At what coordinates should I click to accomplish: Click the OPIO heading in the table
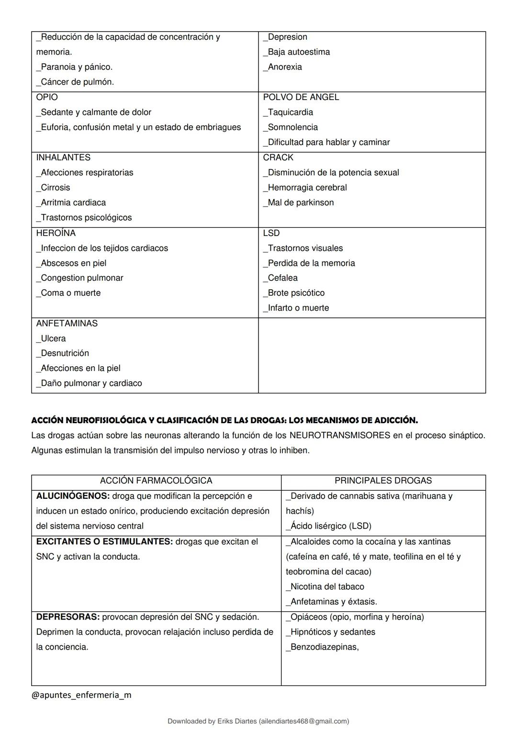[x=47, y=97]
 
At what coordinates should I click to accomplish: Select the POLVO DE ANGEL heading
[x=301, y=97]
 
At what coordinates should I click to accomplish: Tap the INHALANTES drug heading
[x=63, y=157]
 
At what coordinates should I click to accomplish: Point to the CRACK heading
[x=278, y=157]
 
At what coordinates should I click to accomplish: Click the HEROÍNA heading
[x=56, y=233]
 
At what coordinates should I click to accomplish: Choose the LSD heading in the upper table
[x=271, y=233]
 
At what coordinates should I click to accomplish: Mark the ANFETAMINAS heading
[x=67, y=324]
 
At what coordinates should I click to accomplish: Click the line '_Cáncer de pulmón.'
[x=75, y=82]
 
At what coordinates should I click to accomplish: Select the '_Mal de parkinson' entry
[x=298, y=202]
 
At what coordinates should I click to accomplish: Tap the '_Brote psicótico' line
[x=293, y=293]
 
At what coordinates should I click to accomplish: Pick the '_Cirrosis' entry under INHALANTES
[x=53, y=188]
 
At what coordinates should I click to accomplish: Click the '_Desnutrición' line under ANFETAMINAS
[x=63, y=353]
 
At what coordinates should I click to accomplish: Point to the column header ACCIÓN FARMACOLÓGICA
[x=156, y=481]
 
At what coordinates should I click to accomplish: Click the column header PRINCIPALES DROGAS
[x=383, y=481]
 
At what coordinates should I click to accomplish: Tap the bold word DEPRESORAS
[x=67, y=617]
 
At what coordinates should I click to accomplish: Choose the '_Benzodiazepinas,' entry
[x=322, y=647]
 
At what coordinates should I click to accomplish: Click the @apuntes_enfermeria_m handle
[x=81, y=695]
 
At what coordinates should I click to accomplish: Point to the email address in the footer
[x=303, y=721]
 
